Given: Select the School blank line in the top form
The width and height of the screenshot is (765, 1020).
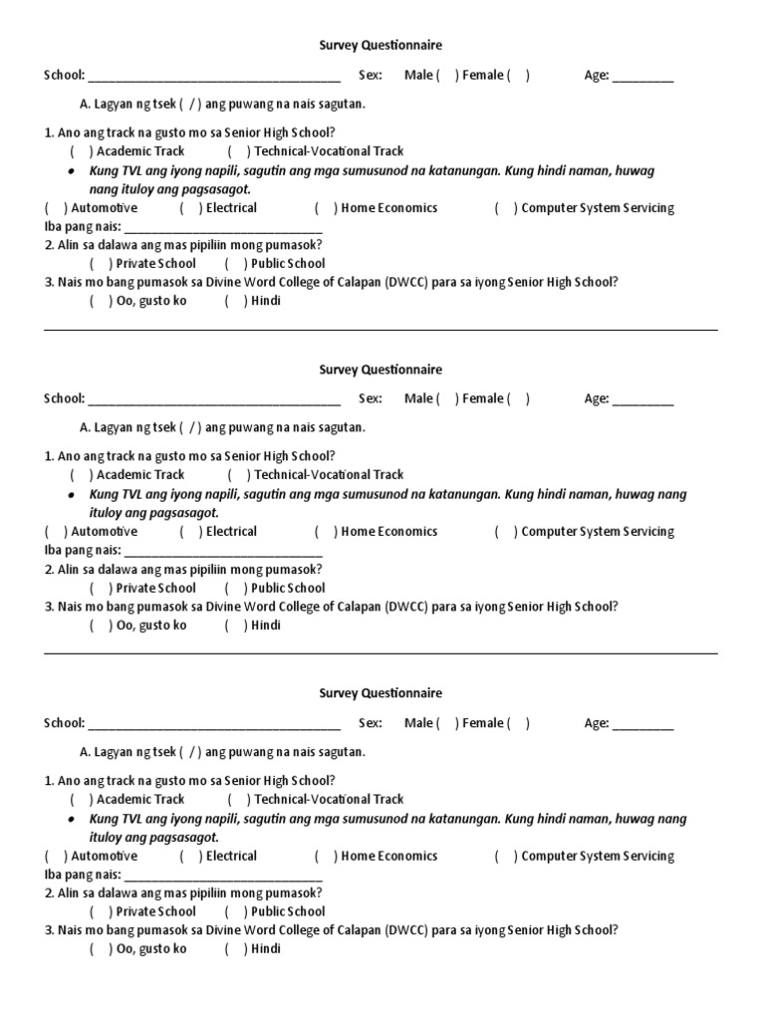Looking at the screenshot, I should [214, 78].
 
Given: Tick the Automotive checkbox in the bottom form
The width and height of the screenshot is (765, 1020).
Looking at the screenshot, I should [56, 856].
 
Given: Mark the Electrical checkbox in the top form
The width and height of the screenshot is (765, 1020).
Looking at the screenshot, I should [190, 208].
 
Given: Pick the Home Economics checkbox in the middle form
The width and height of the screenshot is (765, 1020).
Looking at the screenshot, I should [326, 532].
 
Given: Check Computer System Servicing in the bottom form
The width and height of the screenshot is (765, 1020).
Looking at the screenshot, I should [506, 856].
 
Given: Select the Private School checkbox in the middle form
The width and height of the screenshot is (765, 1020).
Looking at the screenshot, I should [100, 588].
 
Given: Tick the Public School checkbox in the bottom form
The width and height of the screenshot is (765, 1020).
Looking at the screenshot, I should [235, 911].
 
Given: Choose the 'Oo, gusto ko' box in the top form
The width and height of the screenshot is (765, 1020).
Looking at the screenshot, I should [100, 301].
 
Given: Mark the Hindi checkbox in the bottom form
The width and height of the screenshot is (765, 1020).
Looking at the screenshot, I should [235, 948].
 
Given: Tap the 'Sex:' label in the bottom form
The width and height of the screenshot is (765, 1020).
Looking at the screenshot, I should [371, 723].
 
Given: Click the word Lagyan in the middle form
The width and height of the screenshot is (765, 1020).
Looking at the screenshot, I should [115, 427].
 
